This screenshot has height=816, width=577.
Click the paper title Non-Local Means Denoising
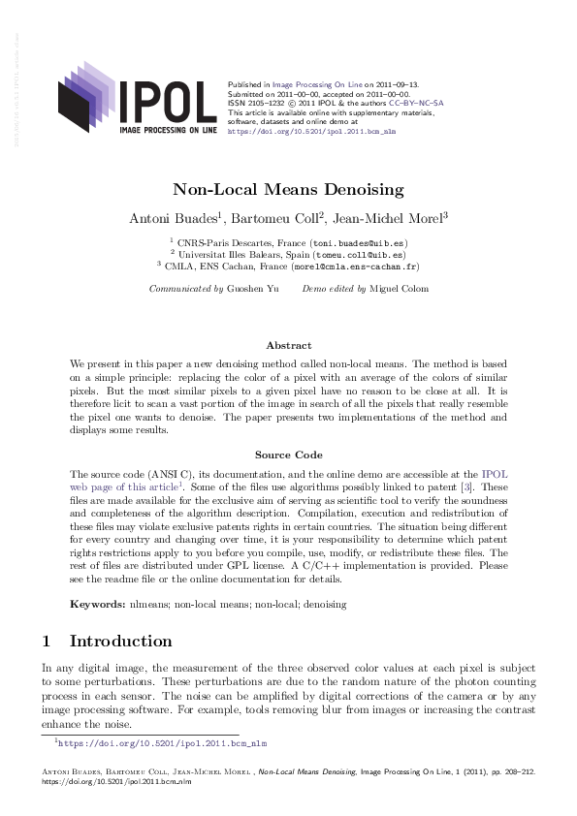point(288,190)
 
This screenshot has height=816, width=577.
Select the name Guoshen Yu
point(251,289)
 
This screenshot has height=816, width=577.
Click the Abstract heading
point(288,345)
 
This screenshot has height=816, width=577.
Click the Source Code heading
point(288,454)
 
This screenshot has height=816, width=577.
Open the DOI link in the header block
point(310,129)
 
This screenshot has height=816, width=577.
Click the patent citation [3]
point(469,486)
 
